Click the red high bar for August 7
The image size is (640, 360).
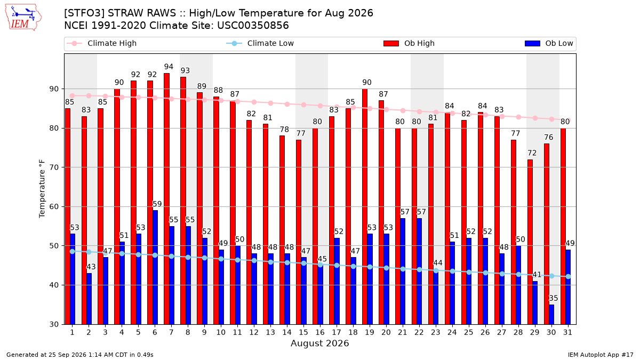pyautogui.click(x=166, y=199)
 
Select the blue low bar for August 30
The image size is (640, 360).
pyautogui.click(x=551, y=315)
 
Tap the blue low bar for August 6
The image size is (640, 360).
pyautogui.click(x=155, y=267)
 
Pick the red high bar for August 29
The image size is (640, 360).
pyautogui.click(x=530, y=242)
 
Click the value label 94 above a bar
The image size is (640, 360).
pyautogui.click(x=169, y=67)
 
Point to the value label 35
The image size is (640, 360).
pyautogui.click(x=554, y=298)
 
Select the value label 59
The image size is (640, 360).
pyautogui.click(x=157, y=204)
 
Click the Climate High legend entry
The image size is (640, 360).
pyautogui.click(x=102, y=43)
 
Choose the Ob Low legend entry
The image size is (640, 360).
pyautogui.click(x=549, y=43)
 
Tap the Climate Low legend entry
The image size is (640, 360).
pyautogui.click(x=260, y=43)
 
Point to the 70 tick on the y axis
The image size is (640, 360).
pyautogui.click(x=54, y=167)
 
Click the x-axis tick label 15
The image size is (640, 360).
pyautogui.click(x=303, y=332)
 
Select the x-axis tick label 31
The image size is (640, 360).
pyautogui.click(x=567, y=332)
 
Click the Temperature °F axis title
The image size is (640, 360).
pyautogui.click(x=42, y=189)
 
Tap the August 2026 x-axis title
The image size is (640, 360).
pyautogui.click(x=320, y=343)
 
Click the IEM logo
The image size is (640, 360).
pyautogui.click(x=23, y=18)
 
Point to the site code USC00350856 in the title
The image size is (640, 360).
pyautogui.click(x=253, y=26)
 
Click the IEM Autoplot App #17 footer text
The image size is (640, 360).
pyautogui.click(x=601, y=355)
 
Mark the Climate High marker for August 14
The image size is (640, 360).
pyautogui.click(x=287, y=105)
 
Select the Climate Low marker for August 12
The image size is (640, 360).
pyautogui.click(x=254, y=261)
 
